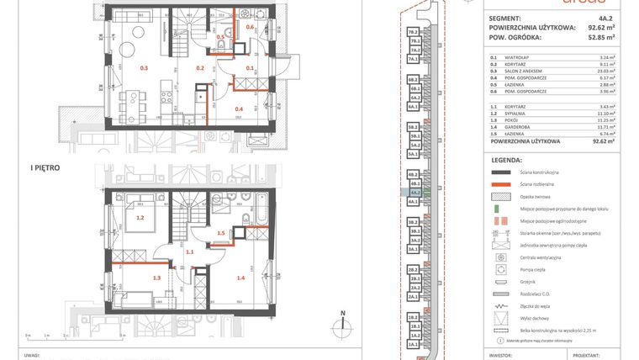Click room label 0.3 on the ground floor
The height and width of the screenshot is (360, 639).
click(x=144, y=67)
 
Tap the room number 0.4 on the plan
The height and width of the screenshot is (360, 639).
click(x=239, y=109)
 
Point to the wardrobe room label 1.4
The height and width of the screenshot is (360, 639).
click(x=240, y=277)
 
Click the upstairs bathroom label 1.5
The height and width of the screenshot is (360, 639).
click(x=221, y=233)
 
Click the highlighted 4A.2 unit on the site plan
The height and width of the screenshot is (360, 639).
click(x=414, y=192)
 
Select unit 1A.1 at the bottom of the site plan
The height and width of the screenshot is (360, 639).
click(x=414, y=345)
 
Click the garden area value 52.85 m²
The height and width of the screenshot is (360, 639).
click(x=599, y=38)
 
